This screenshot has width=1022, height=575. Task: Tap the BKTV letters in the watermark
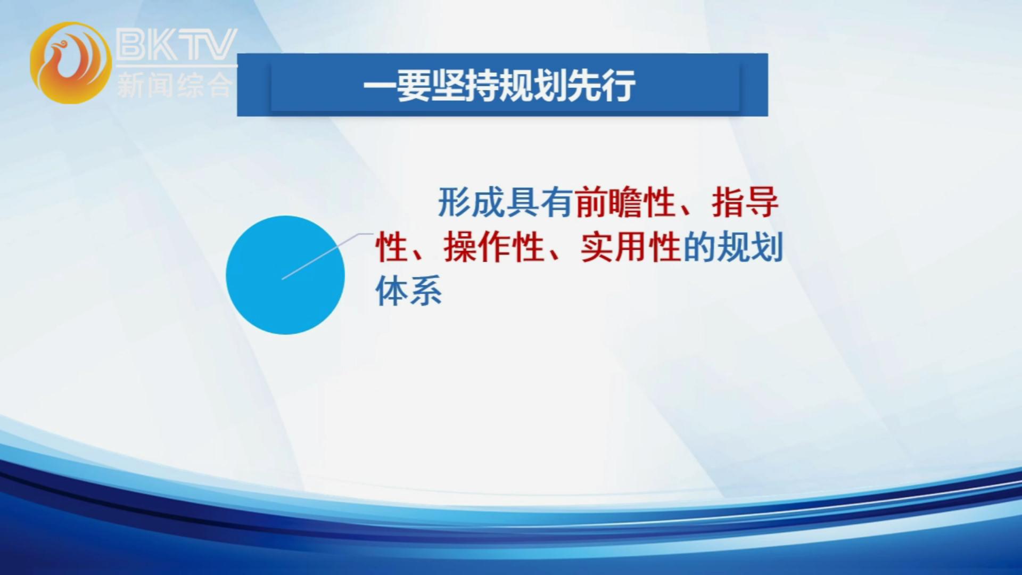[176, 45]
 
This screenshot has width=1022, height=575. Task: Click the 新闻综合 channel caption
[175, 84]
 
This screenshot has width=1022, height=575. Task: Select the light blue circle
[285, 275]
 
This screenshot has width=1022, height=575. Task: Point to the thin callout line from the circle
[327, 256]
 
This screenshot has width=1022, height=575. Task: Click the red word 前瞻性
[625, 202]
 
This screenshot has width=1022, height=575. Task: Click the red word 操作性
[493, 247]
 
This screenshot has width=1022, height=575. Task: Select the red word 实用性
[631, 247]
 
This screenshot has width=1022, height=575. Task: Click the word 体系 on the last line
[409, 291]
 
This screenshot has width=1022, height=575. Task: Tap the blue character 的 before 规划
[699, 247]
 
